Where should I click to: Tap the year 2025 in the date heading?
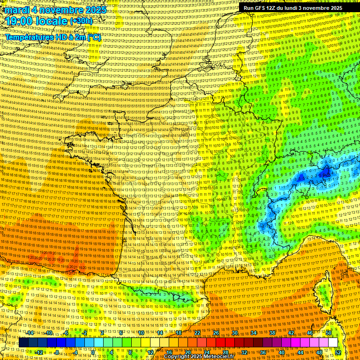tap(92, 10)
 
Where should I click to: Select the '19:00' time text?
tap(19, 22)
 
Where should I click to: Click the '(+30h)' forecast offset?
tap(81, 21)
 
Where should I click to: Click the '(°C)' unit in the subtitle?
tap(93, 37)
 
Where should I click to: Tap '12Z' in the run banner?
tap(273, 8)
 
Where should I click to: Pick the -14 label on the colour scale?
tap(30, 333)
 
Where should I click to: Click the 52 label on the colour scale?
tap(338, 352)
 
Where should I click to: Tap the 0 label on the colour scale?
tap(93, 352)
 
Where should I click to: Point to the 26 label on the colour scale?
tap(216, 333)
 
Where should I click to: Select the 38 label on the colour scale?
tap(272, 333)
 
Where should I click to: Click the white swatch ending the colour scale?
tap(333, 343)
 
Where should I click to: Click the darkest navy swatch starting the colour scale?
tap(23, 343)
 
